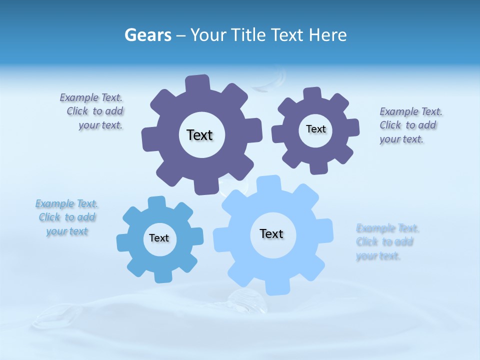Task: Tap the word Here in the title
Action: (x=327, y=35)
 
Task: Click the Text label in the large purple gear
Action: (x=199, y=135)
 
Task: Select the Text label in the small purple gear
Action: (x=315, y=129)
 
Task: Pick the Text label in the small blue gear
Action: (x=159, y=238)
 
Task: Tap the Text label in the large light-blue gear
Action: (x=271, y=233)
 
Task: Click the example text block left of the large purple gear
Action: (x=91, y=111)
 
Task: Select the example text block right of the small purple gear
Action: (x=410, y=125)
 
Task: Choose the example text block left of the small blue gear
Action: (x=66, y=217)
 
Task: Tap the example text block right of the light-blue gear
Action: (x=387, y=242)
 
